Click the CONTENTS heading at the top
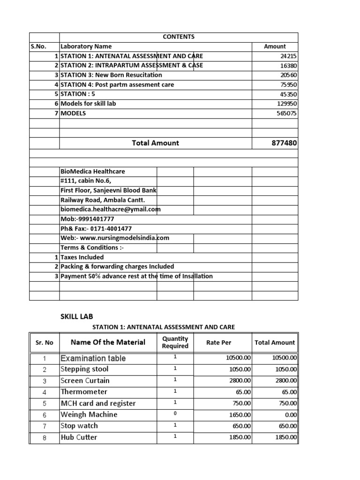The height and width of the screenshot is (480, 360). tap(178, 37)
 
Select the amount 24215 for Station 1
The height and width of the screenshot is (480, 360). tap(288, 56)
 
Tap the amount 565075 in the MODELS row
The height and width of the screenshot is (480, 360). tap(286, 113)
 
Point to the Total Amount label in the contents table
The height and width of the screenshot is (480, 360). tap(155, 143)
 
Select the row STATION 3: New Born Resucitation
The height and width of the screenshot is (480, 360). tap(111, 75)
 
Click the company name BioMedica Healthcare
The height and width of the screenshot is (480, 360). tap(93, 172)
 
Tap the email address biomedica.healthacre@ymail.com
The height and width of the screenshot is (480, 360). tap(110, 210)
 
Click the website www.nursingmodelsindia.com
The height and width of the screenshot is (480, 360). tap(115, 238)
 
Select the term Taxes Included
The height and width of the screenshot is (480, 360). tap(82, 257)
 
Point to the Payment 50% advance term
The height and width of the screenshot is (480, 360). tap(136, 276)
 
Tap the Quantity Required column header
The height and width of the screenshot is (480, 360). tap(175, 343)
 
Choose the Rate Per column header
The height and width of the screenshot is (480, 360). tap(219, 343)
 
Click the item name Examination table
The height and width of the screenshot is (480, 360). tap(93, 358)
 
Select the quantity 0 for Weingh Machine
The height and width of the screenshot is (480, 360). tap(175, 414)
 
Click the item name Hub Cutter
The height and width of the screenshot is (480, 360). tap(79, 437)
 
